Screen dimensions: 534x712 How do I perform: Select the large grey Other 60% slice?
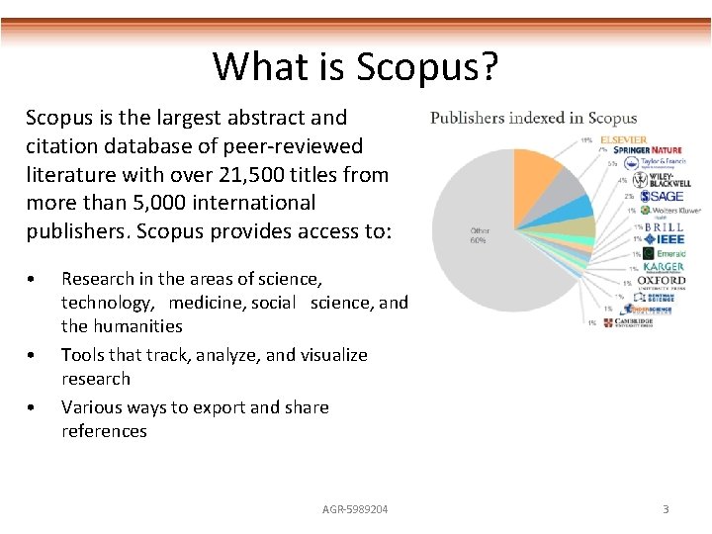(x=494, y=257)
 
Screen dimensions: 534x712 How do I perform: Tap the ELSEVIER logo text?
(x=623, y=140)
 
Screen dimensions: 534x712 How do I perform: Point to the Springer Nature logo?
(x=647, y=151)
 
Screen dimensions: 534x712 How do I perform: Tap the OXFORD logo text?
(x=662, y=282)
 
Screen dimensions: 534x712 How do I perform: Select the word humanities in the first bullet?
(x=137, y=326)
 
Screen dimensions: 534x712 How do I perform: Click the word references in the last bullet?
(x=104, y=431)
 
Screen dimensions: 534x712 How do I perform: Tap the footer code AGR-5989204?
(x=355, y=508)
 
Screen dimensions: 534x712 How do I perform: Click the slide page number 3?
(x=666, y=508)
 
